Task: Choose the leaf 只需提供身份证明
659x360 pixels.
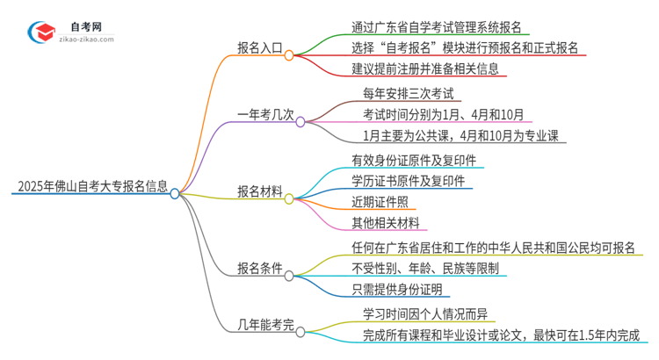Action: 397,290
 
